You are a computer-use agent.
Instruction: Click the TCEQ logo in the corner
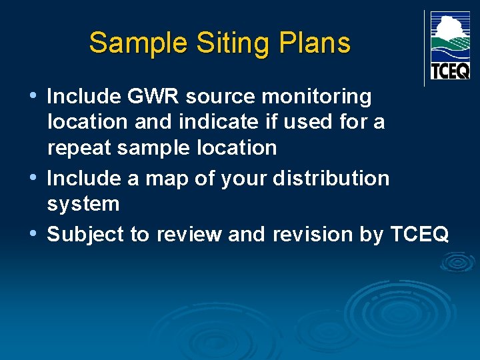tap(450, 45)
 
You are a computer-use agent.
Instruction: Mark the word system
tap(83, 204)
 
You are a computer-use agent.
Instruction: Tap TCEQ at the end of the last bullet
tap(419, 235)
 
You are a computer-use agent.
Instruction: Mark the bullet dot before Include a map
tap(34, 178)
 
